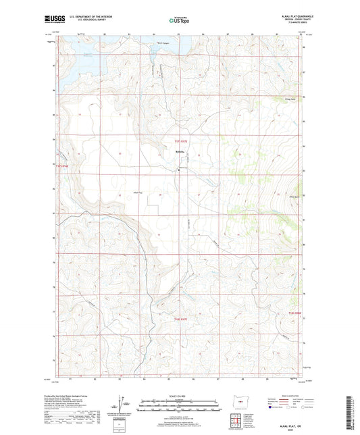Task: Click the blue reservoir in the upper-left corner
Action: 74,57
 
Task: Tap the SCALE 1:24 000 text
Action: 180,395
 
